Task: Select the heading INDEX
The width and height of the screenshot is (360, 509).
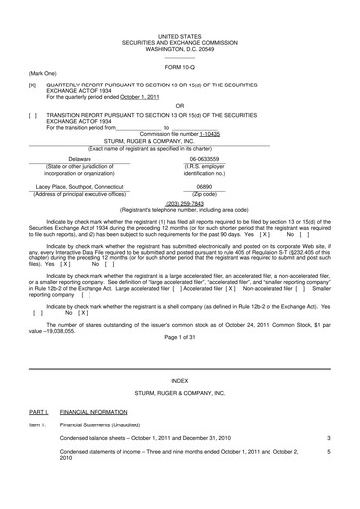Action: click(x=179, y=380)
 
